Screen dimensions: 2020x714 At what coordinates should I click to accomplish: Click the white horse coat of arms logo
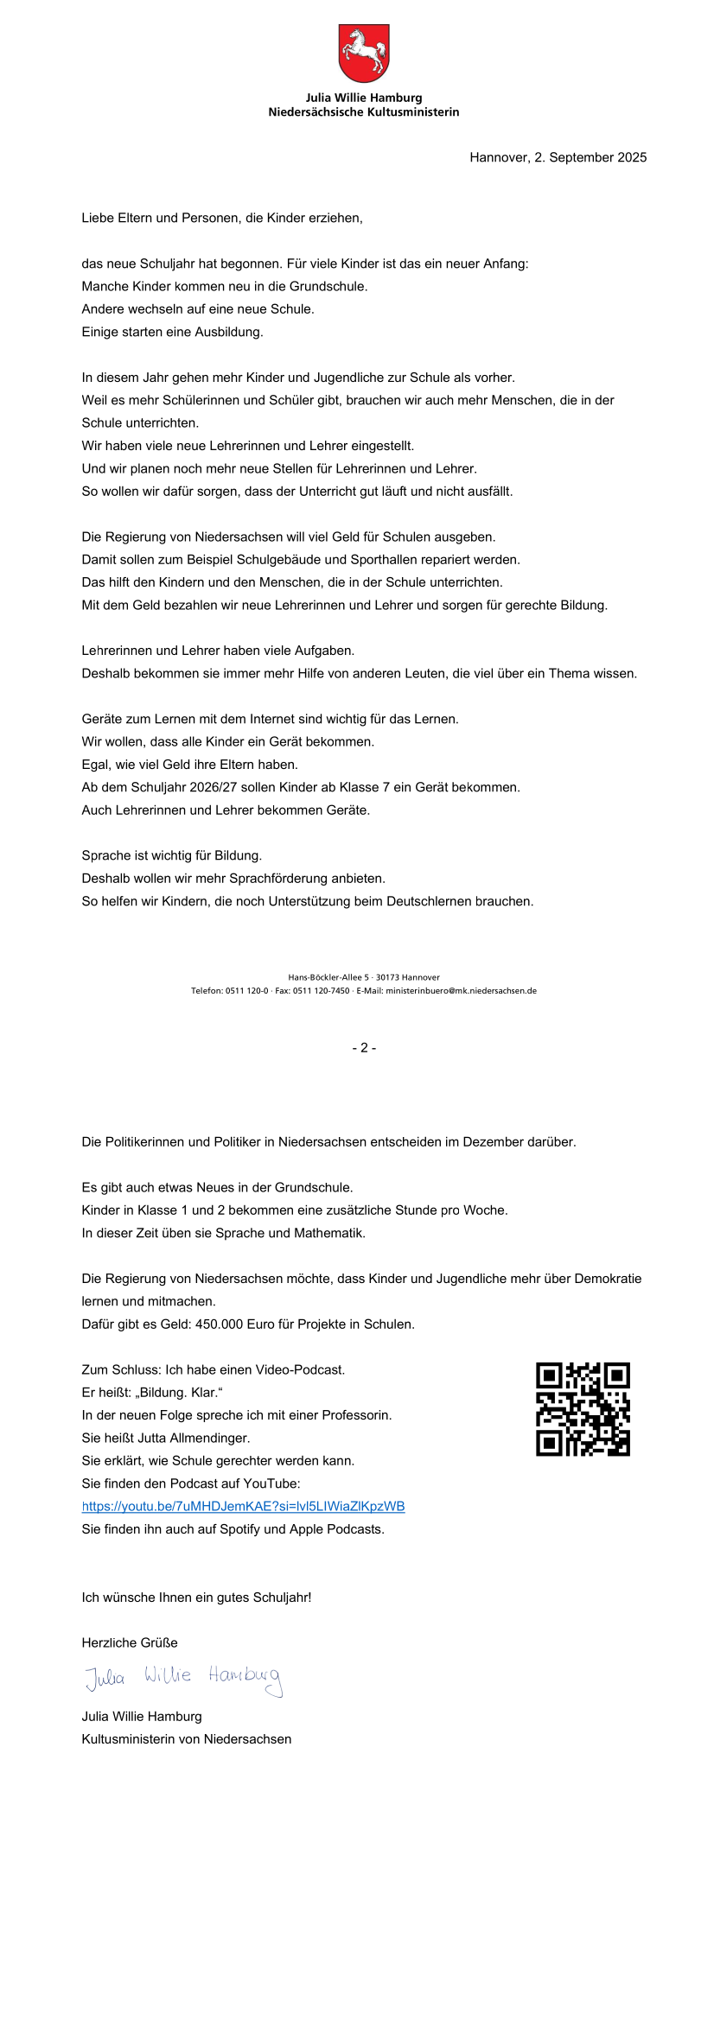pos(363,53)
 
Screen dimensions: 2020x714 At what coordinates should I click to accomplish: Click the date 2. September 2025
pos(590,157)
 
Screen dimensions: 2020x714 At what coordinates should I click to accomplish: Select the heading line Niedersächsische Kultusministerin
pos(363,112)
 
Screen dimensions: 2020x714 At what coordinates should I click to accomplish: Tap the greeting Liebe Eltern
pos(119,218)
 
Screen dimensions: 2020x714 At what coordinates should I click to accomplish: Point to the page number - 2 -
pos(364,1047)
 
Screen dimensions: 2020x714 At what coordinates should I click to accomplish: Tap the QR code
pos(583,1409)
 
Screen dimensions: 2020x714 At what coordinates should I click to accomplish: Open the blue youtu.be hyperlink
pos(243,1506)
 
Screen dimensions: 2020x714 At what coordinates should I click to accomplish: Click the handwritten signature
pos(183,1676)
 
